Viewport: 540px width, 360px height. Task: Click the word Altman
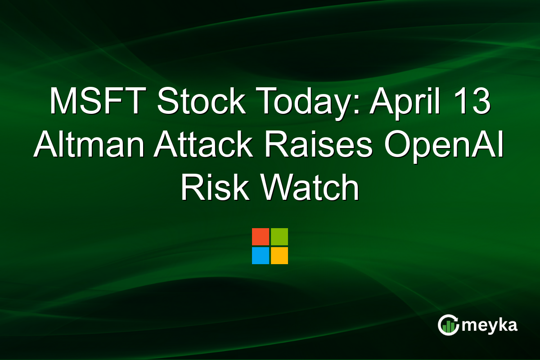click(x=89, y=145)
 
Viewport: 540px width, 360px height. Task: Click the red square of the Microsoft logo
click(x=261, y=237)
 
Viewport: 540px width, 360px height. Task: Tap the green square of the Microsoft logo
click(x=279, y=237)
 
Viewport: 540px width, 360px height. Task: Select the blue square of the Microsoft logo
click(x=261, y=256)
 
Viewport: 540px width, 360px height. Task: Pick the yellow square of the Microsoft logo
click(x=279, y=256)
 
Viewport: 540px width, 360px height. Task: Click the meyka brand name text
click(x=490, y=325)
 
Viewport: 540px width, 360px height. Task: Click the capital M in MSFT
click(x=63, y=102)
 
